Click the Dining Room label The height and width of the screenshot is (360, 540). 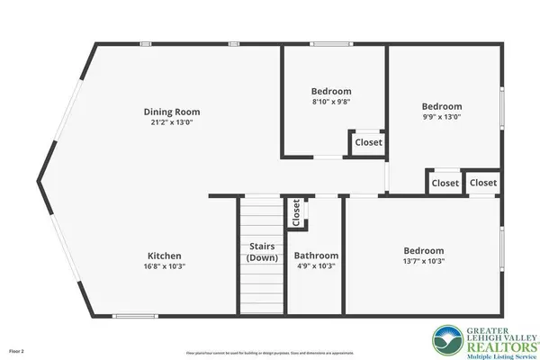tap(169, 112)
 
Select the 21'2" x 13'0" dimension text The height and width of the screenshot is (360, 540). tap(169, 123)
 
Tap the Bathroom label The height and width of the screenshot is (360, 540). tap(316, 255)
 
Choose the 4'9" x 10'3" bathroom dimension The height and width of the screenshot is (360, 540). tap(316, 266)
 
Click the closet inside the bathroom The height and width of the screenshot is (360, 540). tap(294, 213)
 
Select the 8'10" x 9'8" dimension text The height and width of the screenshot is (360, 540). tap(331, 103)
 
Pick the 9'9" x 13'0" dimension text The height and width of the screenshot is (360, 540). tap(442, 117)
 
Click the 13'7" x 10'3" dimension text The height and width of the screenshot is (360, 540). tap(423, 262)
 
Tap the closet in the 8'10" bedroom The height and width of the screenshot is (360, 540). tap(367, 142)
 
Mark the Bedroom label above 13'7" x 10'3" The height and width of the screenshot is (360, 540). tap(423, 250)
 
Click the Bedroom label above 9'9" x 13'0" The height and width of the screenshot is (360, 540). tap(442, 105)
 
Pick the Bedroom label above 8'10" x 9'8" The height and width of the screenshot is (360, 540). tap(331, 91)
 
